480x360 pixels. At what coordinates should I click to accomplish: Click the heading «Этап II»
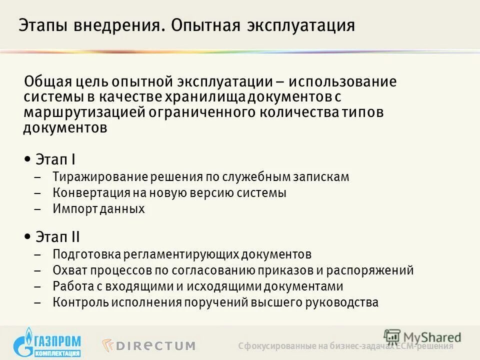pos(58,236)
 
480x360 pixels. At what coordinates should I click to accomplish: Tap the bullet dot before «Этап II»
pos(26,235)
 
